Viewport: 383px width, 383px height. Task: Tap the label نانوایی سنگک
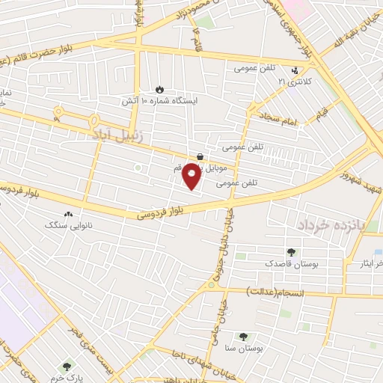[67, 224]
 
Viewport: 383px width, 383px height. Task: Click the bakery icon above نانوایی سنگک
[69, 214]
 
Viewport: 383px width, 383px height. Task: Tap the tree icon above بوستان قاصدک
[291, 253]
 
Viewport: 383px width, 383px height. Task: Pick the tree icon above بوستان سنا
[243, 337]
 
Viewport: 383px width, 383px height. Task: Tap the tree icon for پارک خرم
[67, 367]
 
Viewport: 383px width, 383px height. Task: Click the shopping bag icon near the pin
[200, 156]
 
